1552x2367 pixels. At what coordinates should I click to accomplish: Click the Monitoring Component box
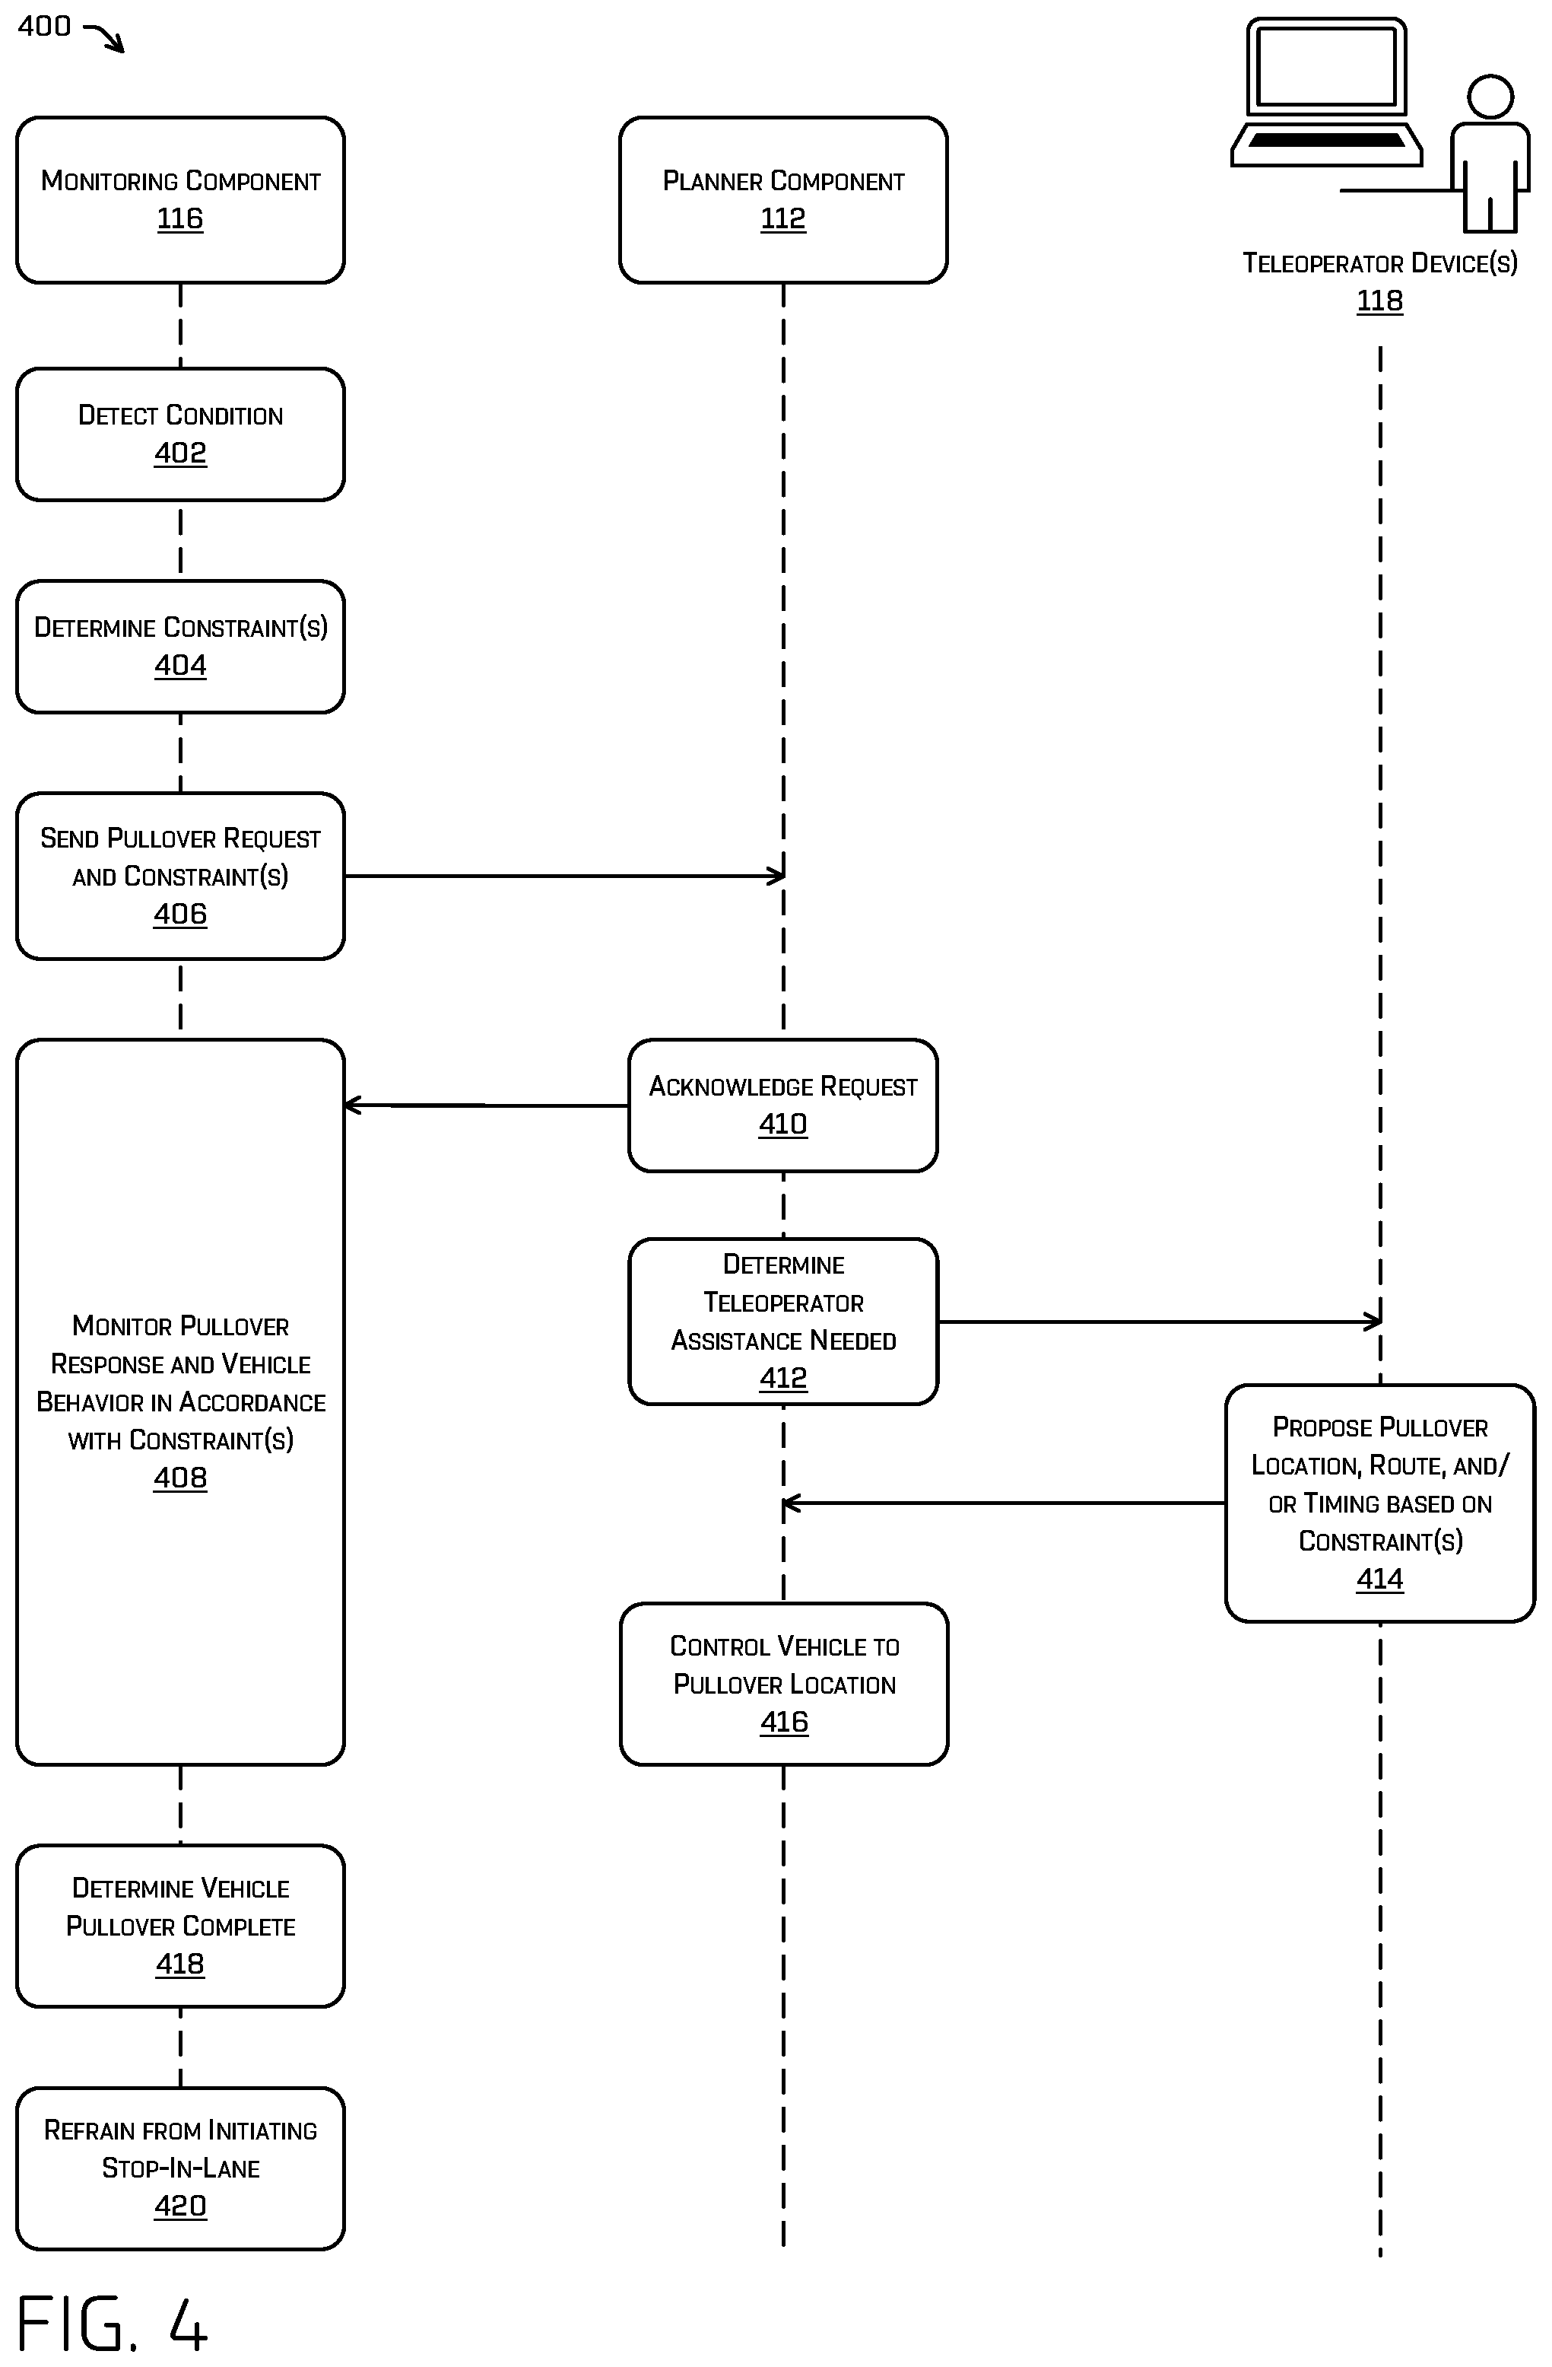[x=180, y=200]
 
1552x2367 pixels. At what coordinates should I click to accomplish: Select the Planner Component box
[x=783, y=200]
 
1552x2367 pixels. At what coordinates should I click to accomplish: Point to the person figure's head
[x=1490, y=97]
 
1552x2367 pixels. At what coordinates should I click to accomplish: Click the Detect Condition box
[x=180, y=434]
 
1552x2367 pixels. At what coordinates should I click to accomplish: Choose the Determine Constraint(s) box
[x=180, y=647]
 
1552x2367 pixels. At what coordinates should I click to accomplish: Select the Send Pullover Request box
[x=180, y=876]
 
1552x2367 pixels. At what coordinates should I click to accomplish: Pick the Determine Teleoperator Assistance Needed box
[x=783, y=1322]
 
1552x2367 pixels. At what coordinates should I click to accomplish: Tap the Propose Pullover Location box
[x=1380, y=1503]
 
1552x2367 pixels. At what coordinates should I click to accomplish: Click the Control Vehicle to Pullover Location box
[x=783, y=1684]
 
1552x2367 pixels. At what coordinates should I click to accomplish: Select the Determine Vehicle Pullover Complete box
[x=180, y=1926]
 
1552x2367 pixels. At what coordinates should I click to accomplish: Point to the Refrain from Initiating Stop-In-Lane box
[x=180, y=2168]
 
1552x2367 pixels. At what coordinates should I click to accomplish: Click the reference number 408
[x=180, y=1478]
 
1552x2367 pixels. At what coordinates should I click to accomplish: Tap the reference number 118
[x=1380, y=301]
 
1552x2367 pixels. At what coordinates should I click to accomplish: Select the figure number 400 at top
[x=44, y=26]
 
